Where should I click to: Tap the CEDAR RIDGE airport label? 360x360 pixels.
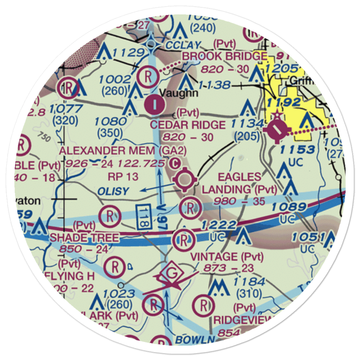(188, 125)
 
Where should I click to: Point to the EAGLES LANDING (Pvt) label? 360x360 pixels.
(239, 183)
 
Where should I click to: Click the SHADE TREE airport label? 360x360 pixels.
(84, 238)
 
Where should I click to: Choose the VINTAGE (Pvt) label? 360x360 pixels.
(227, 257)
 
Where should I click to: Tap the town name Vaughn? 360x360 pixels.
(179, 93)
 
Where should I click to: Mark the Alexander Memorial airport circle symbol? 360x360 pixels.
(185, 179)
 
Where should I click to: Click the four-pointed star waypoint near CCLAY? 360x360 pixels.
(154, 45)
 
